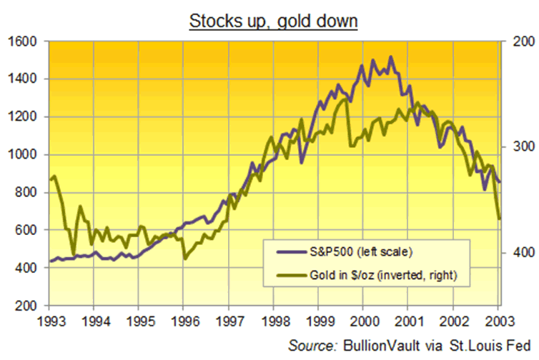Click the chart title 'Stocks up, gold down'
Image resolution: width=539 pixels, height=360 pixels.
coord(272,21)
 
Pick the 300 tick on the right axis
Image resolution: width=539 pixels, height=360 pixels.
coord(520,147)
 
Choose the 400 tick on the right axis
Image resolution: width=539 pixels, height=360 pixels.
coord(520,252)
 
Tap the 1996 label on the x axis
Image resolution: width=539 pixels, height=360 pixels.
coord(184,319)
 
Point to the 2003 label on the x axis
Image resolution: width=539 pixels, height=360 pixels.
coord(499,319)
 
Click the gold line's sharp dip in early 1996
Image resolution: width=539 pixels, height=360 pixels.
coord(184,258)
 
